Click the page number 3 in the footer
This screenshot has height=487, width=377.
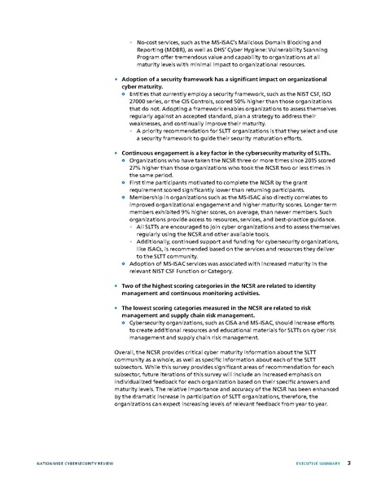click(349, 463)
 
